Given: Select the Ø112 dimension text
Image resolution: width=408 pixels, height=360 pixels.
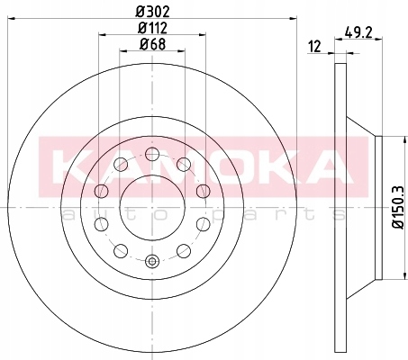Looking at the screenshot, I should pyautogui.click(x=150, y=27).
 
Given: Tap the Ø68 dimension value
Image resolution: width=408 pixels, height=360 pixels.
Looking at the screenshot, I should pyautogui.click(x=150, y=44).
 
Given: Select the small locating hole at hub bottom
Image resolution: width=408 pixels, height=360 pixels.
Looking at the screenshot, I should pyautogui.click(x=151, y=262).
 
